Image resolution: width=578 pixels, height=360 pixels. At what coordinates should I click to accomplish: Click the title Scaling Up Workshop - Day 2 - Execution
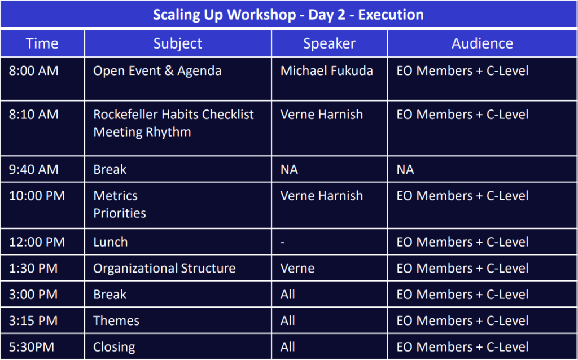(288, 15)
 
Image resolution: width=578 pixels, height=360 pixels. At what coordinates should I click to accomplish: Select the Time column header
(42, 43)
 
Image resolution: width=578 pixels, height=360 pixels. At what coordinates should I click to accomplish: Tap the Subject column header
(178, 44)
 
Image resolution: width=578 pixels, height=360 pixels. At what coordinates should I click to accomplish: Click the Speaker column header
(329, 44)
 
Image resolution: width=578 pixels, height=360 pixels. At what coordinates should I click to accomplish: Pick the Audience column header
(482, 43)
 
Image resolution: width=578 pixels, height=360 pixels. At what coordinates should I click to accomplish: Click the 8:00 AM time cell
(33, 71)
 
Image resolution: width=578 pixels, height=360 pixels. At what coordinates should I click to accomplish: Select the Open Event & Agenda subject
(157, 71)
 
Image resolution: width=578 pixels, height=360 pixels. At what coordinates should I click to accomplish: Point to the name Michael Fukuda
(327, 71)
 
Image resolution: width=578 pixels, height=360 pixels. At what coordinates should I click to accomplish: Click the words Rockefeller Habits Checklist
(174, 115)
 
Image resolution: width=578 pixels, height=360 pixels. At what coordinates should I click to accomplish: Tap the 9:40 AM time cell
(33, 169)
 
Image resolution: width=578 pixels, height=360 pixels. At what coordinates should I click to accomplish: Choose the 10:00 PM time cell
(37, 196)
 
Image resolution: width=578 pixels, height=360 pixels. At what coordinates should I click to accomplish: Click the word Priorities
(120, 213)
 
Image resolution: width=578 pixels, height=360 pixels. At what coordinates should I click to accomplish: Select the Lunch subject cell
(111, 242)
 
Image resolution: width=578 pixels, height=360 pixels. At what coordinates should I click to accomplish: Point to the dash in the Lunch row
(282, 243)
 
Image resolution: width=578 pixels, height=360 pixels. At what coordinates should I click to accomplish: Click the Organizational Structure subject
(164, 268)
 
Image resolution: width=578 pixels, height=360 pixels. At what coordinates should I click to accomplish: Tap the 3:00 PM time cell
(33, 295)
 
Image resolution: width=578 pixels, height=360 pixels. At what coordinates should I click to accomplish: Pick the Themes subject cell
(116, 321)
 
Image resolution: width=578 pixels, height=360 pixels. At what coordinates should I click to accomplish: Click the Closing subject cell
(114, 347)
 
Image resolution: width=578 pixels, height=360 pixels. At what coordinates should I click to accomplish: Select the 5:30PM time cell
(32, 347)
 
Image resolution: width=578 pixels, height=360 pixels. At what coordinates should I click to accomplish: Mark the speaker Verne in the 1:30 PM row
(297, 268)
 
